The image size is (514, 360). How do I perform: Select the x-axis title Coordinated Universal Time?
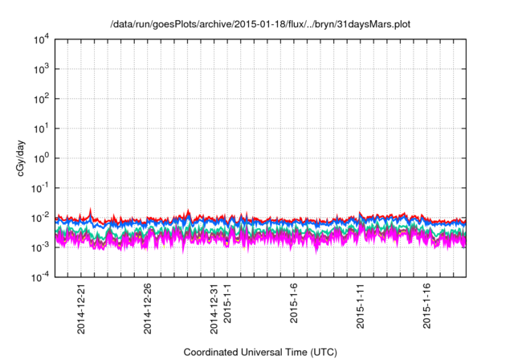coord(260,352)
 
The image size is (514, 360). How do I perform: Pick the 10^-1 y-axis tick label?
coord(39,188)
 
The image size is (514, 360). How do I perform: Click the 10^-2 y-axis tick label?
coord(39,218)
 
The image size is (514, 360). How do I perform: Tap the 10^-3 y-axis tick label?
coord(39,247)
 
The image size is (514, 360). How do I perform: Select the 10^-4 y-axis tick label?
coord(39,277)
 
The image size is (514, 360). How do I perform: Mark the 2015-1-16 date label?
coord(428,303)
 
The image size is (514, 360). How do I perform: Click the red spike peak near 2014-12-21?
coord(91,210)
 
